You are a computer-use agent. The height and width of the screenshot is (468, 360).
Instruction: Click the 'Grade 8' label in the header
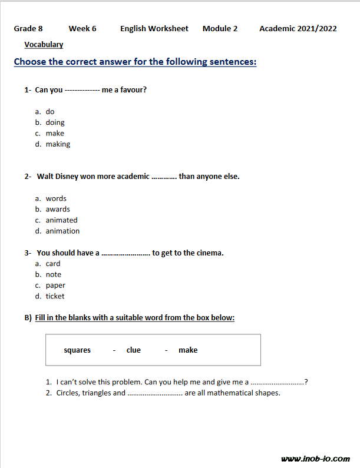point(28,28)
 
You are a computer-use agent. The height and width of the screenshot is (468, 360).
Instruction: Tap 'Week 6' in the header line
point(82,28)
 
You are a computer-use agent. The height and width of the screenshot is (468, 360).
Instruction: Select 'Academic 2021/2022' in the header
point(298,28)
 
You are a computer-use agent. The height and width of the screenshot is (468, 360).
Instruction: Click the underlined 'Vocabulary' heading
point(44,44)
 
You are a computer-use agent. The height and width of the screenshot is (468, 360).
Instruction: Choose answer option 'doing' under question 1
point(55,122)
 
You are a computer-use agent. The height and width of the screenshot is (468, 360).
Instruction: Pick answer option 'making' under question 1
point(58,144)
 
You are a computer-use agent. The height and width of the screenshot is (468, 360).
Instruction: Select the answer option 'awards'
point(58,209)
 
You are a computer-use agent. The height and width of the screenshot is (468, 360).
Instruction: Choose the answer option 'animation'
point(62,231)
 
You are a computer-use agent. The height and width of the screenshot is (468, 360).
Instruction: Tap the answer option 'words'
point(56,198)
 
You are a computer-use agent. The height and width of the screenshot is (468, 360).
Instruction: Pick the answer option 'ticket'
point(55,296)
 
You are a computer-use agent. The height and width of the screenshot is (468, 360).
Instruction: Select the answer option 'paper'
point(55,286)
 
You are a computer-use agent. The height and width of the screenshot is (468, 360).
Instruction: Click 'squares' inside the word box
point(77,350)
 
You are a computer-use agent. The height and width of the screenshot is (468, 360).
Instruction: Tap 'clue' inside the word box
point(134,350)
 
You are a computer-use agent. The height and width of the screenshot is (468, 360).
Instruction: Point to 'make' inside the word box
point(188,350)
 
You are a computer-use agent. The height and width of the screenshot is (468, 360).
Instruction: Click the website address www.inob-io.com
point(315,459)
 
